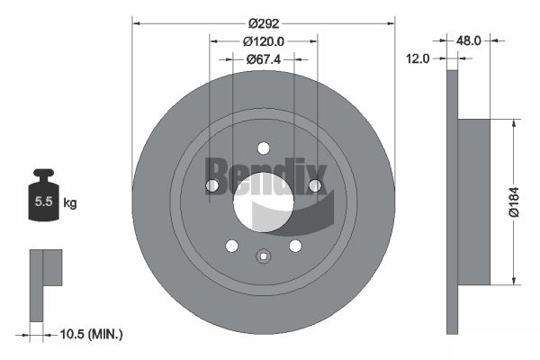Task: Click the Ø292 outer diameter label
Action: click(264, 23)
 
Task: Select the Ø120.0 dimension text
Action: click(264, 41)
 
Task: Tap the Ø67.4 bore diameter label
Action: click(264, 59)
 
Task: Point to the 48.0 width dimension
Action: click(468, 40)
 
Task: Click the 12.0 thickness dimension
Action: click(418, 58)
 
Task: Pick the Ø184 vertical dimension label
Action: click(514, 202)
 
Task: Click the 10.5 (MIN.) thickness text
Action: click(91, 334)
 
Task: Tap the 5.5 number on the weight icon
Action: click(44, 202)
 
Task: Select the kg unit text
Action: click(70, 202)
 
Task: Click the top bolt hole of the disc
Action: click(264, 148)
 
